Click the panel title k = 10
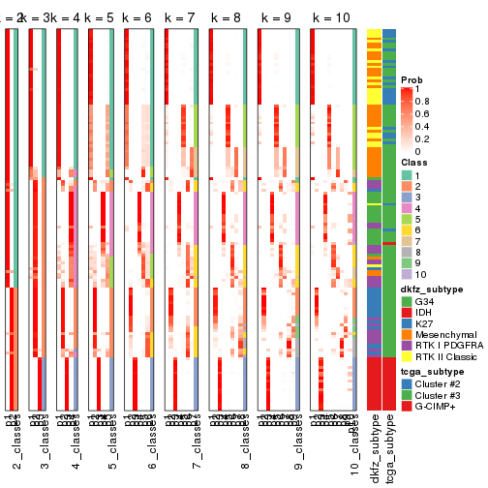pyautogui.click(x=331, y=18)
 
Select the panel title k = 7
pyautogui.click(x=181, y=18)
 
